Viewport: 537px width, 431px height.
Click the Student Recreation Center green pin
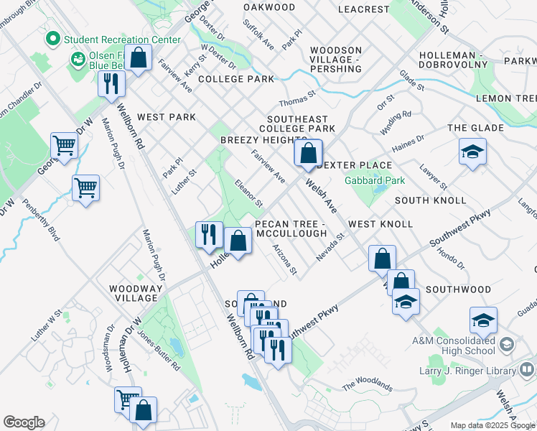pyautogui.click(x=52, y=38)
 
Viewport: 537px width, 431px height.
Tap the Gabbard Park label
pyautogui.click(x=375, y=181)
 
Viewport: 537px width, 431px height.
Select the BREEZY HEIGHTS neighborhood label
pyautogui.click(x=263, y=139)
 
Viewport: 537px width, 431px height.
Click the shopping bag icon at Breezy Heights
pyautogui.click(x=308, y=152)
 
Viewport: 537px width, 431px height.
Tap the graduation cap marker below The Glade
pyautogui.click(x=472, y=152)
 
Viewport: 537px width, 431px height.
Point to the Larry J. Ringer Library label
pyautogui.click(x=467, y=371)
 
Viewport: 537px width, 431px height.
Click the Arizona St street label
pyautogui.click(x=284, y=259)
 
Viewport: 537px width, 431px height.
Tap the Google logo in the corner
pyautogui.click(x=24, y=422)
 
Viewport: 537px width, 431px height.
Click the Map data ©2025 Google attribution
pyautogui.click(x=493, y=425)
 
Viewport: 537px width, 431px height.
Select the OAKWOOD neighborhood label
pyautogui.click(x=269, y=7)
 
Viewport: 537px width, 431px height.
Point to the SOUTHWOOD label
pyautogui.click(x=458, y=289)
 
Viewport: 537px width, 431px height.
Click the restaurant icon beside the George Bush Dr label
pyautogui.click(x=111, y=83)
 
